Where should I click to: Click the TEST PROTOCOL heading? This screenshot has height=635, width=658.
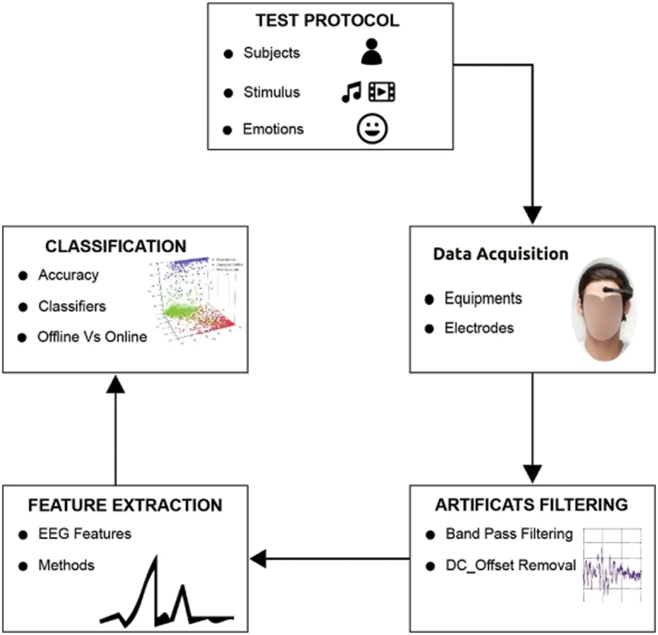[x=327, y=20]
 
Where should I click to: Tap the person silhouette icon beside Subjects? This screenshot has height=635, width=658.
[x=371, y=52]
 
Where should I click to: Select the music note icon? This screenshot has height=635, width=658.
[x=352, y=92]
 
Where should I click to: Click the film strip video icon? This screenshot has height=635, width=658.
[x=382, y=92]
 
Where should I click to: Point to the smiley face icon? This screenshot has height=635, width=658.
[x=372, y=128]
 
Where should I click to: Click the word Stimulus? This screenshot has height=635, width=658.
[x=271, y=92]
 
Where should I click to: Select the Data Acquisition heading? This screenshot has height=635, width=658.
[x=501, y=254]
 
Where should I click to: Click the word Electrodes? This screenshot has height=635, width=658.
[x=479, y=328]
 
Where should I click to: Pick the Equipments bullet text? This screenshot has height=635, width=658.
[x=483, y=298]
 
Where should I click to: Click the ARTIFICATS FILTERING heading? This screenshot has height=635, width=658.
[x=531, y=504]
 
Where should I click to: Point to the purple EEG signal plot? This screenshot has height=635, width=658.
[x=612, y=571]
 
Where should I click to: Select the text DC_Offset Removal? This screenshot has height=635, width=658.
[x=510, y=565]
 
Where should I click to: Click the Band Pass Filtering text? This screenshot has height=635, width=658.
[x=509, y=534]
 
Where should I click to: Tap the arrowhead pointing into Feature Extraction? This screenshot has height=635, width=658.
[x=258, y=559]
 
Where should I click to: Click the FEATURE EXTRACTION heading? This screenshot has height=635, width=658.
[x=125, y=505]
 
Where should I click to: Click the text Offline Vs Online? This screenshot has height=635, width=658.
[x=92, y=337]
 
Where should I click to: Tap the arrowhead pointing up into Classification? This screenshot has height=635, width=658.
[x=116, y=384]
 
